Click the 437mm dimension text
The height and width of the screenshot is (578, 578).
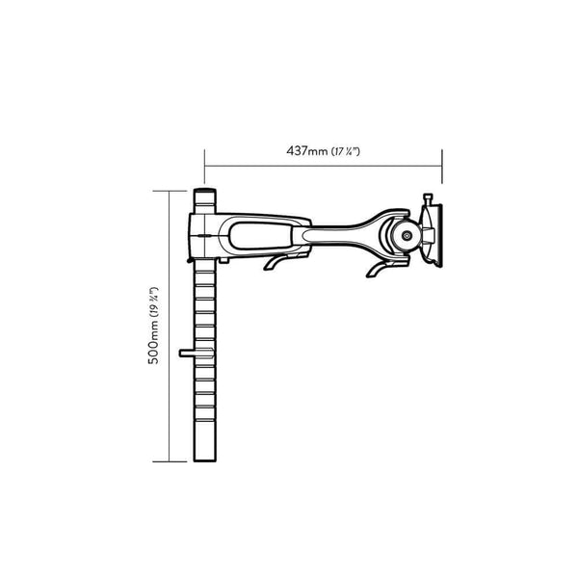306,151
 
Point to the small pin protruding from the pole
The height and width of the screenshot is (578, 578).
186,355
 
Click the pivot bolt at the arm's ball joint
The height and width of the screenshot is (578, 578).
406,234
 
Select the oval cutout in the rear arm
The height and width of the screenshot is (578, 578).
261,232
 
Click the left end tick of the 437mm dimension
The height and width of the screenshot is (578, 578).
205,161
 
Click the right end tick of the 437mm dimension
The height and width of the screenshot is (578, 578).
441,161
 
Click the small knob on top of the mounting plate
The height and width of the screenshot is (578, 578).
426,198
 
